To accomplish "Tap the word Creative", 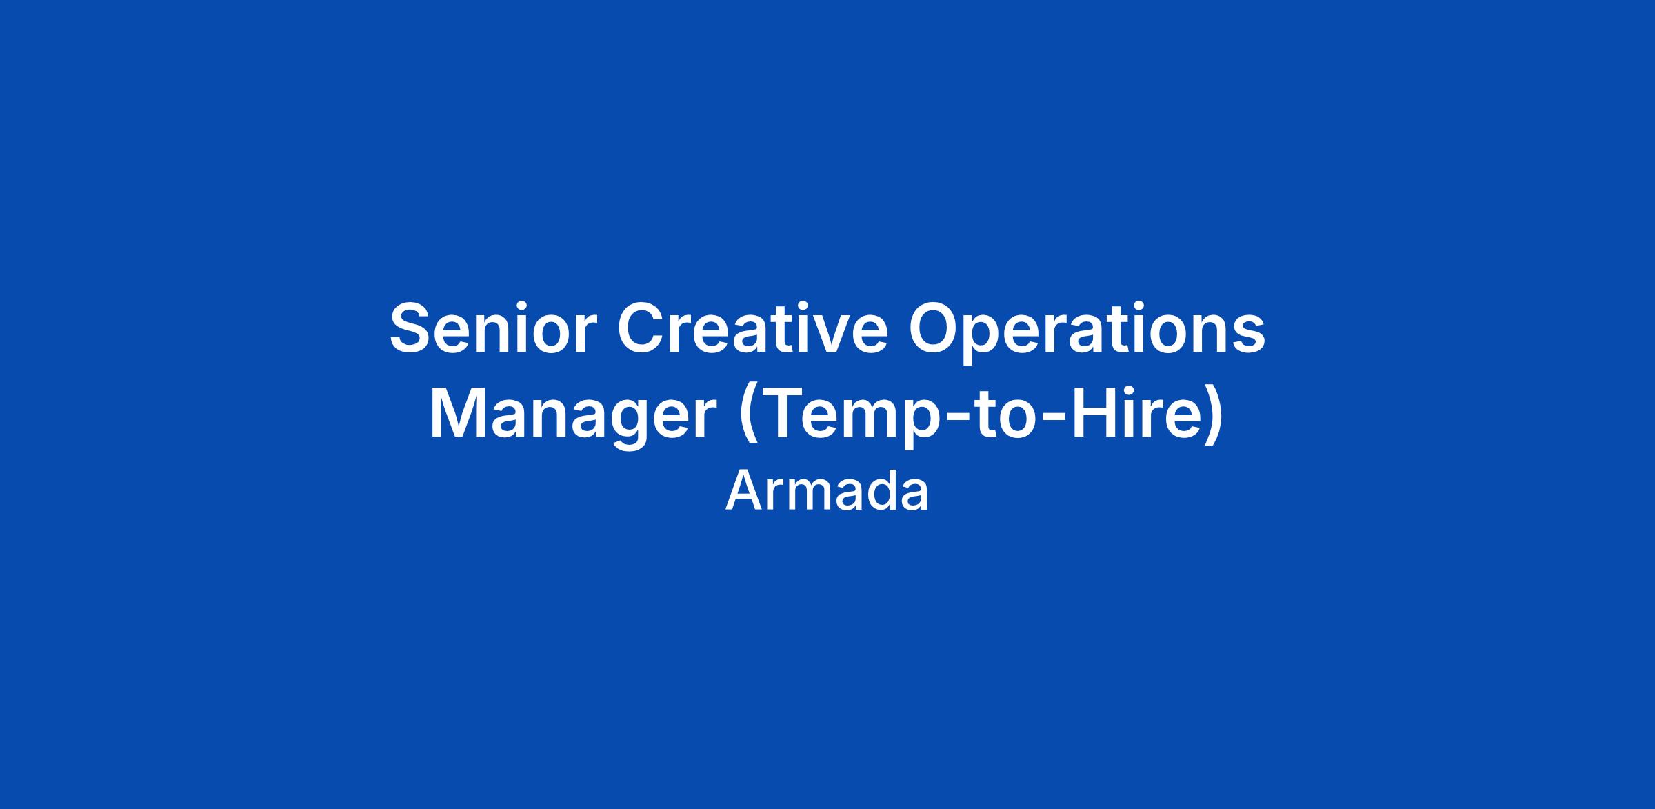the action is click(x=752, y=328).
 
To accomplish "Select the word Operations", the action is click(x=1087, y=334).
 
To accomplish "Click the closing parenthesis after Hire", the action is click(x=1214, y=417).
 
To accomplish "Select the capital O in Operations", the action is click(x=937, y=328).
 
